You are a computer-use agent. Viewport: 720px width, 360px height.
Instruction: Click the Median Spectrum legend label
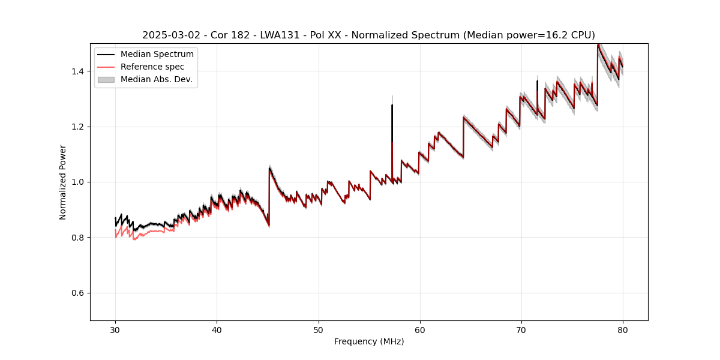(157, 55)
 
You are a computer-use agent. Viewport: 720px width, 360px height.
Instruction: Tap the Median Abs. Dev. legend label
(156, 79)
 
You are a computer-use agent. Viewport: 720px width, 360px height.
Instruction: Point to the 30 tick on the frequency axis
(115, 329)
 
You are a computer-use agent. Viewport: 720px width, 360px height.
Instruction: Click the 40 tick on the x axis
(217, 329)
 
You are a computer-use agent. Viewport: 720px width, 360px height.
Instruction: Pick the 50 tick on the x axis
(318, 329)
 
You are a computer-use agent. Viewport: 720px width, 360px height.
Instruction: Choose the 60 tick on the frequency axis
(420, 329)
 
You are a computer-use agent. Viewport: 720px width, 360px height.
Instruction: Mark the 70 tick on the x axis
(521, 329)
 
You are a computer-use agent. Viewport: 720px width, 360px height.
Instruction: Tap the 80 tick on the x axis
(623, 329)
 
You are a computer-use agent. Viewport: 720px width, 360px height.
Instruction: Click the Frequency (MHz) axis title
(369, 341)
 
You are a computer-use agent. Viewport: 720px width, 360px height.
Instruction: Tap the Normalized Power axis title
(63, 182)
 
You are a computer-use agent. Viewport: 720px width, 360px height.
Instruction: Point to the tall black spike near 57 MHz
(392, 120)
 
